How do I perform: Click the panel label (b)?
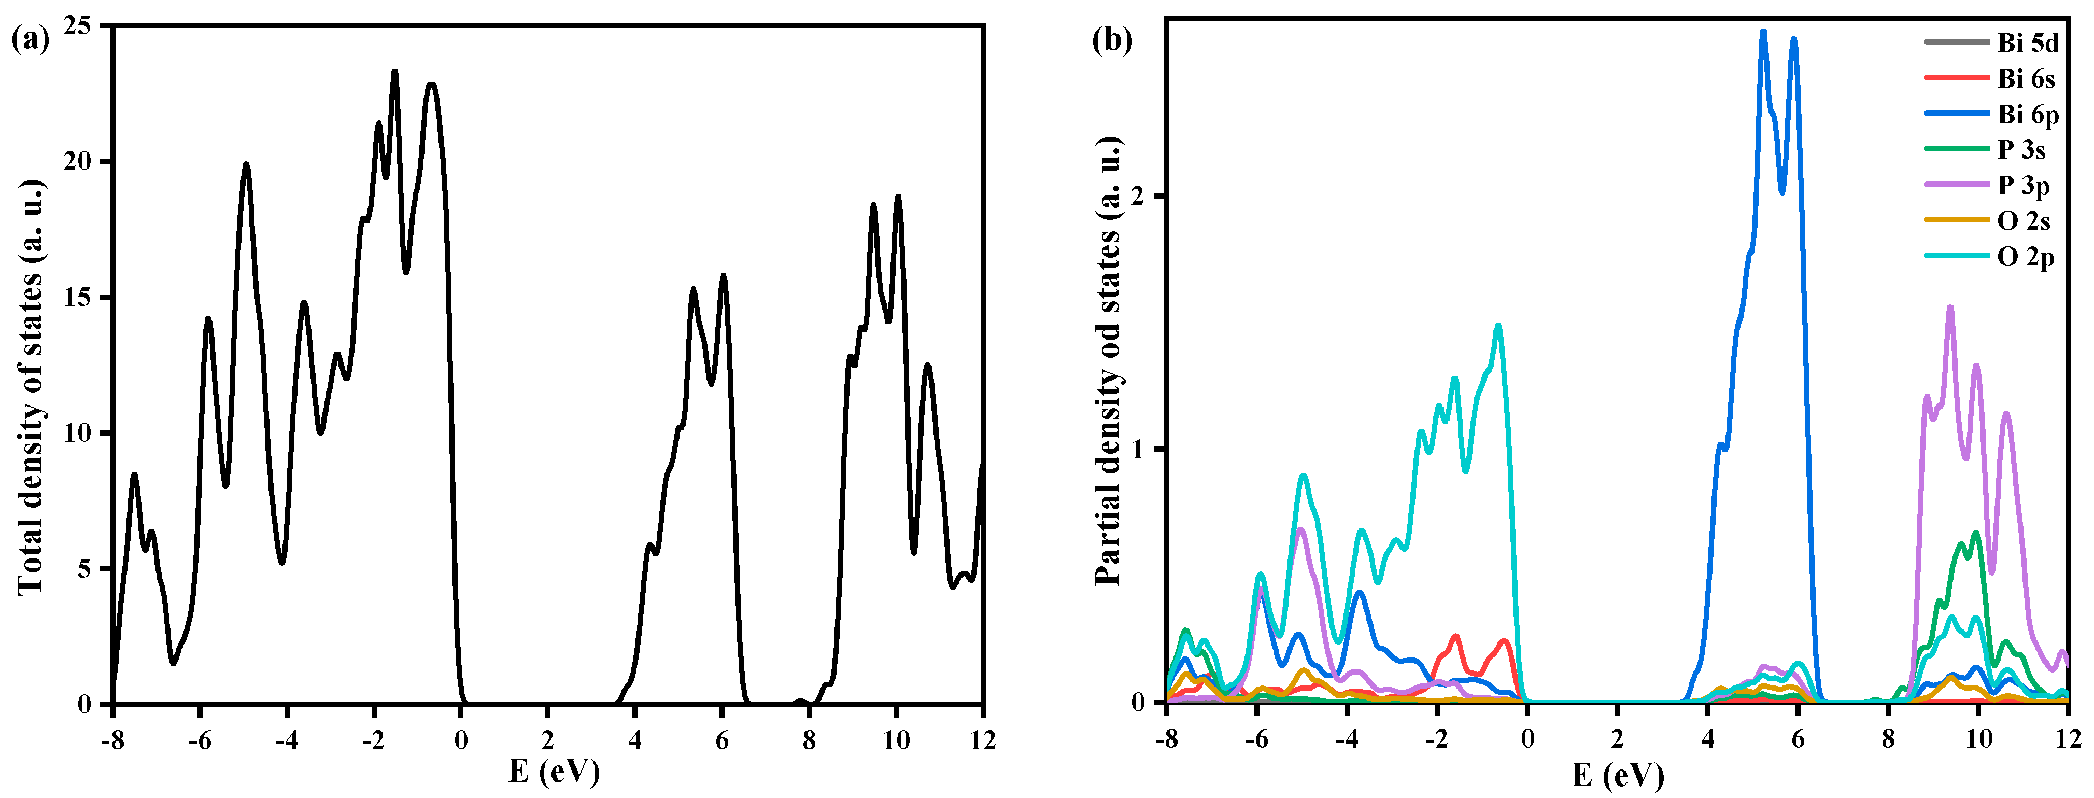[x=1112, y=39]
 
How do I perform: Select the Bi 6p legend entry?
[x=2027, y=115]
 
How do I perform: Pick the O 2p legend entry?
[x=2025, y=257]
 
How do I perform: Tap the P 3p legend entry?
[x=2024, y=186]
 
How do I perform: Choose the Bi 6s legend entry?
[x=2026, y=79]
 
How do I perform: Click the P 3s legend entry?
[x=2021, y=150]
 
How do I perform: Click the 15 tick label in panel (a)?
[x=79, y=298]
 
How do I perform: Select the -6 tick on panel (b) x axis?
[x=1257, y=739]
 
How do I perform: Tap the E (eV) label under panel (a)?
[x=554, y=771]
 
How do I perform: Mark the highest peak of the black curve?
[x=395, y=73]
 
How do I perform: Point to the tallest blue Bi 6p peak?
[x=1764, y=32]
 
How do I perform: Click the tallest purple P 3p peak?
[x=1950, y=307]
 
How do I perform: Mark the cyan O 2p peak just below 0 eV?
[x=1497, y=326]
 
